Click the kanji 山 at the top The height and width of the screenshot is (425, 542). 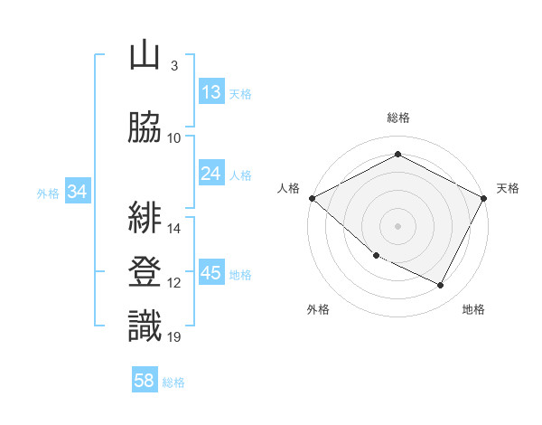145,56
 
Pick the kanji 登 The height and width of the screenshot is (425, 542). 145,271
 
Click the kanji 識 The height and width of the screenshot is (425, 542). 145,326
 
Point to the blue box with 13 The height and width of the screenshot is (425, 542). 211,91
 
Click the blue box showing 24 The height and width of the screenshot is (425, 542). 211,174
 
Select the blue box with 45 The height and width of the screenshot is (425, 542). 211,273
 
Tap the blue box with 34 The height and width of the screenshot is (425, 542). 78,192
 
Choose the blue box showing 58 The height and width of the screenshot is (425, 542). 145,381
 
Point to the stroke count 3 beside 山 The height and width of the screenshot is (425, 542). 173,66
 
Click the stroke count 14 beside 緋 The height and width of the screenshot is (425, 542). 174,229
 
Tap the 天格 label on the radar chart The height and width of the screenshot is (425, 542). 508,188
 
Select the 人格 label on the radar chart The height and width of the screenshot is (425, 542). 289,188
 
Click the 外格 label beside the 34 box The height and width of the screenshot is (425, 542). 48,193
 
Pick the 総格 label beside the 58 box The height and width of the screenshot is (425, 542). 173,382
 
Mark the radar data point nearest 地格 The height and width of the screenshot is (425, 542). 441,286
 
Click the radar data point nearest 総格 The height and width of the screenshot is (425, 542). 397,154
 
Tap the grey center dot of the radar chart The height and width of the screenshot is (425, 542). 397,225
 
